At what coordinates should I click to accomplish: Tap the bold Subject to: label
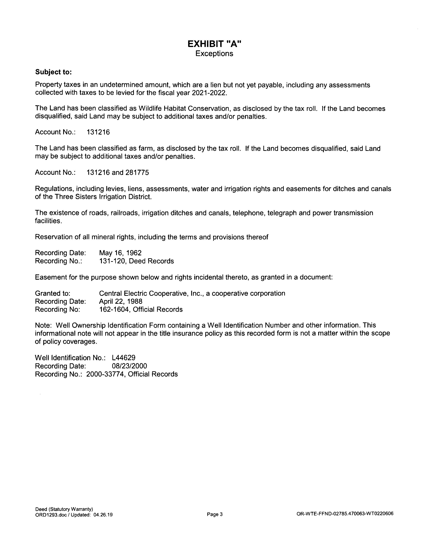tap(53, 72)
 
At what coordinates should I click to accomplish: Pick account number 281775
tap(137, 173)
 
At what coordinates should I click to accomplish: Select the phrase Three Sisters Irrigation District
tap(103, 197)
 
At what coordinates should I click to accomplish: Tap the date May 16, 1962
tap(120, 253)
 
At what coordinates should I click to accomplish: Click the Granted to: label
tap(53, 293)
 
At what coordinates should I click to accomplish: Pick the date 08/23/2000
tap(130, 366)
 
